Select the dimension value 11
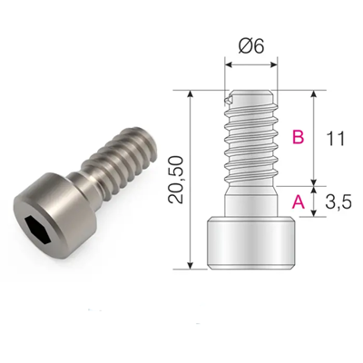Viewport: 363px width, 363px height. coord(335,139)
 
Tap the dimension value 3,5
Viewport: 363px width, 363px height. coord(337,203)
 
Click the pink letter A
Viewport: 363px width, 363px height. coord(297,204)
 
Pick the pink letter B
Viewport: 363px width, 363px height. coord(297,138)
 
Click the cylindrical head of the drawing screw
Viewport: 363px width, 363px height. coord(251,242)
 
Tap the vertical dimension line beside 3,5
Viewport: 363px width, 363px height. coord(313,201)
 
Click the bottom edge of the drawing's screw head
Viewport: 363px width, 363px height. coord(251,268)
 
